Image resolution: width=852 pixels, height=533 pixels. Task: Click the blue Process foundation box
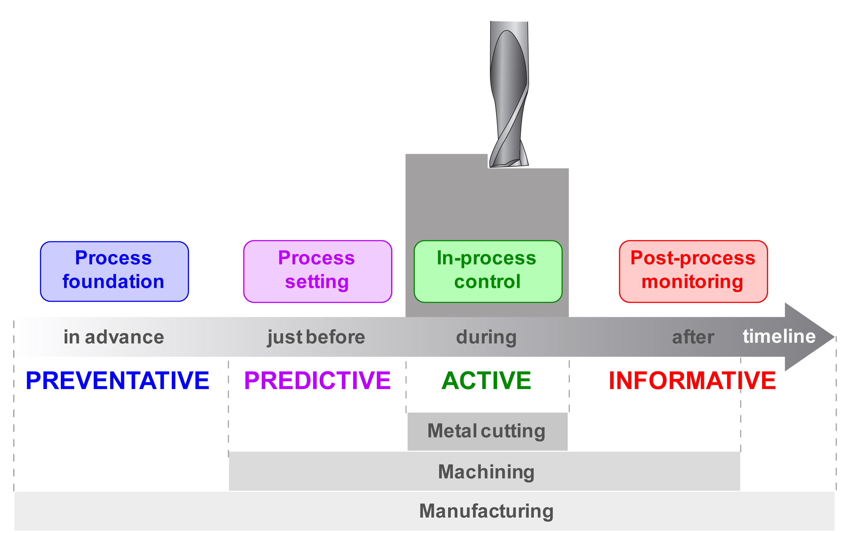click(x=114, y=271)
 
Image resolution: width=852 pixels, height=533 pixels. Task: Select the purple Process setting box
click(x=317, y=271)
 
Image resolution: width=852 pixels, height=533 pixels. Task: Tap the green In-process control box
click(x=488, y=271)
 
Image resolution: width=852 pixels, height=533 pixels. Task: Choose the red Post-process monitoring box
click(x=693, y=271)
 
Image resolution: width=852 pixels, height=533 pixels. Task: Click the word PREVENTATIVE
click(x=117, y=381)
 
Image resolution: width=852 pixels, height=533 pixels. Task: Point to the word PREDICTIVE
click(x=317, y=381)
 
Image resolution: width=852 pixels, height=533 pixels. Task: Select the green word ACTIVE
click(x=486, y=381)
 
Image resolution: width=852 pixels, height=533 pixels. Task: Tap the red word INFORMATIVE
click(x=692, y=381)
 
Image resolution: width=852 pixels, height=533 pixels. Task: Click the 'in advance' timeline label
click(x=114, y=337)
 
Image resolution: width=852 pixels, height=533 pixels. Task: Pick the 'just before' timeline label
click(x=316, y=337)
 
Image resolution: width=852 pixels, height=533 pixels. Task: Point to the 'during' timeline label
click(x=486, y=337)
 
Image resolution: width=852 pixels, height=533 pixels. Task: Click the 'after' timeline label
click(x=693, y=337)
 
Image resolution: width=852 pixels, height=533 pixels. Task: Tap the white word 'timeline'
click(x=779, y=336)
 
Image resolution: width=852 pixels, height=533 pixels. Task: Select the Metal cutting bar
click(x=487, y=431)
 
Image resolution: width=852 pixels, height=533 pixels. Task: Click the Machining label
click(x=486, y=472)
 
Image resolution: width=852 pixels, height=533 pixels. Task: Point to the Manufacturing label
click(x=486, y=511)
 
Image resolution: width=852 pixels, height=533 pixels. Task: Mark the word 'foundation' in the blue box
click(x=114, y=282)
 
